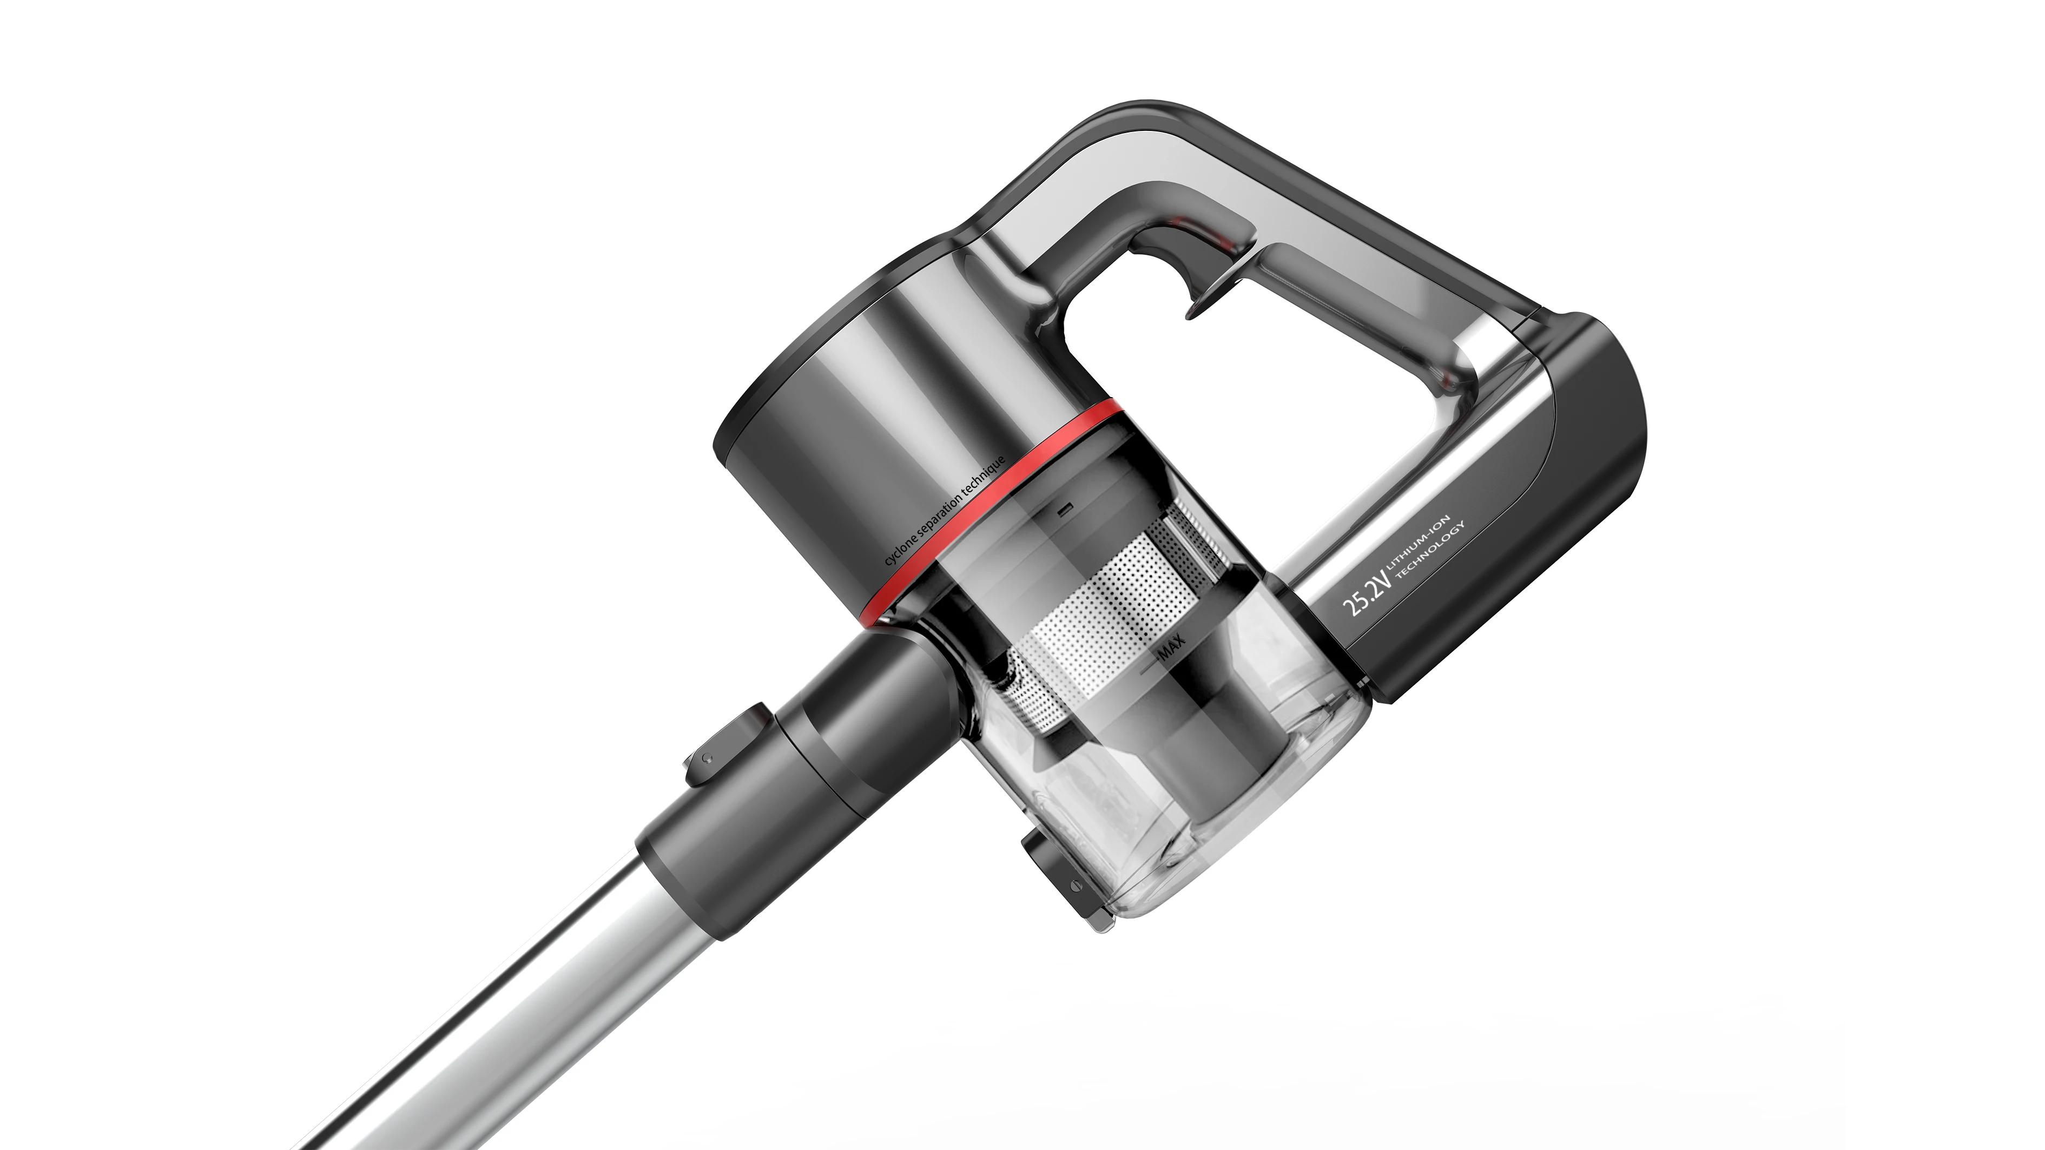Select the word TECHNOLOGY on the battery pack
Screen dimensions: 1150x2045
click(x=1435, y=565)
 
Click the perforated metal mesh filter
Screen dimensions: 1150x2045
click(x=1111, y=603)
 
